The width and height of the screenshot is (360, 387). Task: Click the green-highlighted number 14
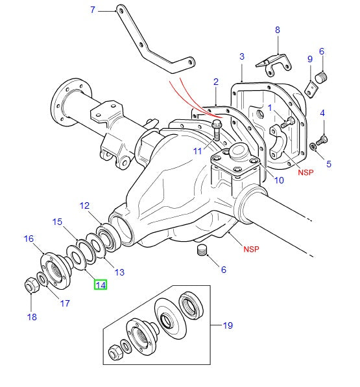pos(101,284)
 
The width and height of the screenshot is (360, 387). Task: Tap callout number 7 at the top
pos(92,10)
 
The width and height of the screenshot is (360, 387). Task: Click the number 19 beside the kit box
pos(228,325)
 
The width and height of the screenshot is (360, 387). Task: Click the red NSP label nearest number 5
pos(306,172)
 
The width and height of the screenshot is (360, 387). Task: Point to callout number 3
pos(241,57)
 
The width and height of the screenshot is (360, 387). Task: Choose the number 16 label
pos(29,239)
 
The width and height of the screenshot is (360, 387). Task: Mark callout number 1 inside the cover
pos(270,108)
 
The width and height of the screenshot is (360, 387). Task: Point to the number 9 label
pos(309,60)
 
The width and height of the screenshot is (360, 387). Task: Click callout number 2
pos(215,82)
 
